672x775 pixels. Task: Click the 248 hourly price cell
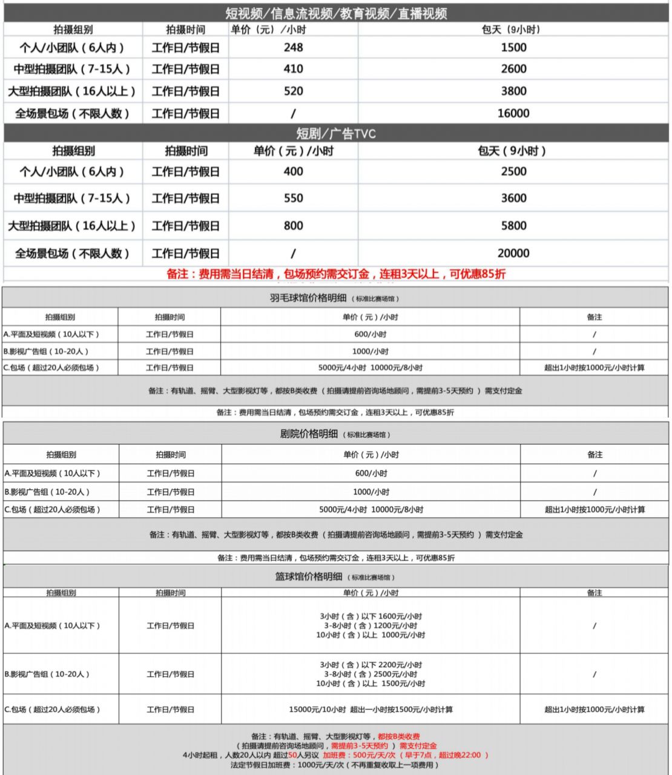click(293, 47)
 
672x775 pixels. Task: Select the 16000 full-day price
click(513, 113)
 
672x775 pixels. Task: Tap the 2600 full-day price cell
click(513, 69)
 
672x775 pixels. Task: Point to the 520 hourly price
click(293, 91)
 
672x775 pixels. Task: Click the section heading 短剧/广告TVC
click(336, 133)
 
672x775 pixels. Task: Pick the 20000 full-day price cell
click(513, 253)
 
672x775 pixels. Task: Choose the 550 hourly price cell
click(293, 198)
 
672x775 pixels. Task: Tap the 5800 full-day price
click(513, 226)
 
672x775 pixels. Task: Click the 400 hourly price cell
click(293, 171)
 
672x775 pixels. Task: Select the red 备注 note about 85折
click(336, 274)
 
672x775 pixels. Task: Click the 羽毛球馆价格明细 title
click(308, 297)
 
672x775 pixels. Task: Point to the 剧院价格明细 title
click(309, 434)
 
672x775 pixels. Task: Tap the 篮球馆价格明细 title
click(309, 576)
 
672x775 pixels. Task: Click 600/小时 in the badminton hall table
click(371, 334)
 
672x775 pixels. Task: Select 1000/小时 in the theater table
click(371, 492)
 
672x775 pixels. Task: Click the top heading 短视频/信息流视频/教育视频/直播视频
click(336, 13)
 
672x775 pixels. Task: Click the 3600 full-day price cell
click(513, 198)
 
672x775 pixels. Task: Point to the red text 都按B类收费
click(398, 737)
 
